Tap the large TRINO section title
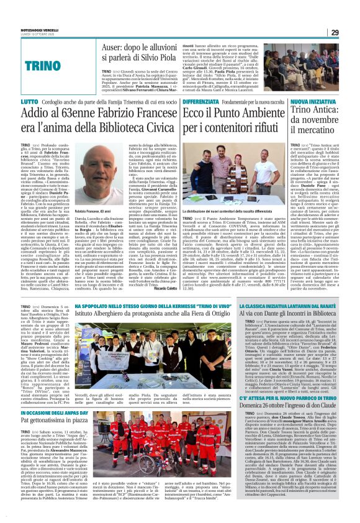61,64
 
